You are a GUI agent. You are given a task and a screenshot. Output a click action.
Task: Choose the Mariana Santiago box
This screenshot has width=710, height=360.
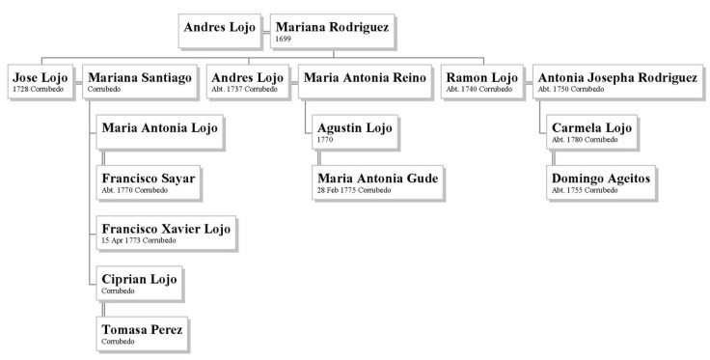139,81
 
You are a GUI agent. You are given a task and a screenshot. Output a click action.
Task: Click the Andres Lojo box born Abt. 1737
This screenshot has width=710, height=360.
245,81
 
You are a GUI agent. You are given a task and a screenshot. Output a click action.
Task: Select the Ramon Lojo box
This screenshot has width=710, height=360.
480,81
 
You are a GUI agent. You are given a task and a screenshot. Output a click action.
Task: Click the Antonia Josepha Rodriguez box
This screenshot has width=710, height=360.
616,81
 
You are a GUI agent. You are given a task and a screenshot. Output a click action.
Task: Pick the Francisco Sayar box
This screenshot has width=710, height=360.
148,181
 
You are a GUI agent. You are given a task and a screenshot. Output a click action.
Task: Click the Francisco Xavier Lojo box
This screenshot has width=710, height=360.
166,233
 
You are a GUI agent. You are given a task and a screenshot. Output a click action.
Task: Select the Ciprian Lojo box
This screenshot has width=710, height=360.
139,284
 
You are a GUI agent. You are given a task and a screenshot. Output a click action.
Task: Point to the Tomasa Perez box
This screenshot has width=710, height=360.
141,333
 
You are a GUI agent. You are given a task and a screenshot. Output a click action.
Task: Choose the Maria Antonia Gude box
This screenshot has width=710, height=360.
377,181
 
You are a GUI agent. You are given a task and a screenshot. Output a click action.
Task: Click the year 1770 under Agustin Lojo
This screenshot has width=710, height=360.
325,141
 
